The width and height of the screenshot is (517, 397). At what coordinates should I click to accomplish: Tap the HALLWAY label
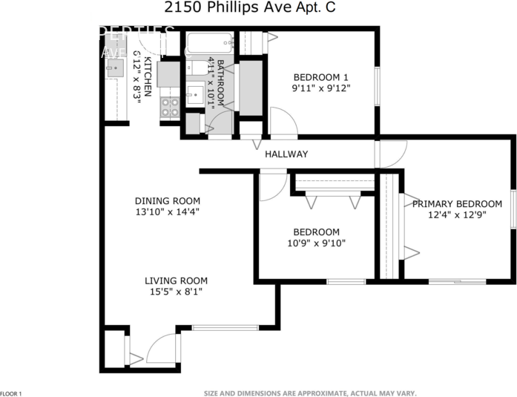pos(286,154)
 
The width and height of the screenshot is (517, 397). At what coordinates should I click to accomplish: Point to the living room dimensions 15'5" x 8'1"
pos(176,292)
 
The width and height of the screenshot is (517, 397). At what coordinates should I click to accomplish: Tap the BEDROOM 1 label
pos(320,77)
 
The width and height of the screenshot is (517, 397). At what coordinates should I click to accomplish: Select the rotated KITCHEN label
pos(148,76)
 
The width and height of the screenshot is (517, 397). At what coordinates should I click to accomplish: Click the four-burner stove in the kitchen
pos(170,108)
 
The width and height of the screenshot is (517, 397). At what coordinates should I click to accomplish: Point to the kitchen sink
pos(113,69)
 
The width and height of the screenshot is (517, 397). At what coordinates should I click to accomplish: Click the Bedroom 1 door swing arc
pos(283,121)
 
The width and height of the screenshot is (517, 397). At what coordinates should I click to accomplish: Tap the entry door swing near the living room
pos(163,349)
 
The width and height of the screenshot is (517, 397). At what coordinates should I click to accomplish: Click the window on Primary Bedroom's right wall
pos(513,210)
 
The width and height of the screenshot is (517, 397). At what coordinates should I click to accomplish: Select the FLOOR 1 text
pos(11,393)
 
